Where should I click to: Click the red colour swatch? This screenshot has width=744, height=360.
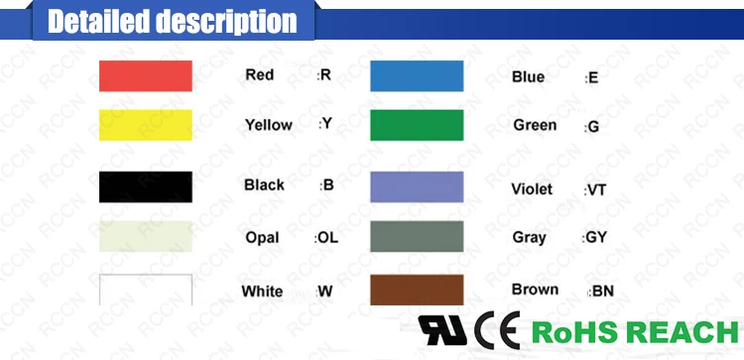[145, 76]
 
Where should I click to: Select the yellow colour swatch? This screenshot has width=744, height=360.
[145, 125]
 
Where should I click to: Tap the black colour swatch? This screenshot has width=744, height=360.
[145, 186]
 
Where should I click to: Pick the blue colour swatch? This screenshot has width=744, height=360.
[417, 76]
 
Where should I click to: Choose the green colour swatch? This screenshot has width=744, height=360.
[417, 125]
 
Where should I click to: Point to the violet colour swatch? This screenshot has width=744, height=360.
[417, 187]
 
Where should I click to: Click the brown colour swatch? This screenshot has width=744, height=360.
[417, 290]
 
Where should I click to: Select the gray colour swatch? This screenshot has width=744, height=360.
[417, 237]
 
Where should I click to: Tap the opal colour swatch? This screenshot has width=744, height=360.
[145, 237]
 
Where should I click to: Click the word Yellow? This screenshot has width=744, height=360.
[268, 125]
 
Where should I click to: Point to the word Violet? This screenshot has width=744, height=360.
[532, 189]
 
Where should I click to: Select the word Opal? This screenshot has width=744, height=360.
[262, 238]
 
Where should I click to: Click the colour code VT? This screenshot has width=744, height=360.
[596, 189]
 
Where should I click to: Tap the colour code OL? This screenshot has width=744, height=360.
[327, 238]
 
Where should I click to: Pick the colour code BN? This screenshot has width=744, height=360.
[602, 292]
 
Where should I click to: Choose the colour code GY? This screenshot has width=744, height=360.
[595, 239]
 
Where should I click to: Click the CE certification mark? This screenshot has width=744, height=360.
[497, 330]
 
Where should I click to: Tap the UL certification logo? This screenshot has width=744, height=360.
[442, 330]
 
